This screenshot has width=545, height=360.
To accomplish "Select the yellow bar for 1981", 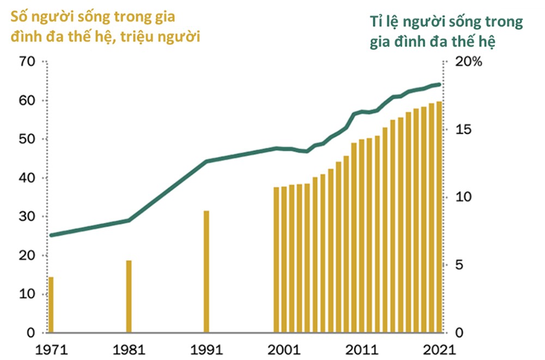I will pos(129,297).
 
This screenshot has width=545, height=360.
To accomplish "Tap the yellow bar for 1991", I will pos(207,271).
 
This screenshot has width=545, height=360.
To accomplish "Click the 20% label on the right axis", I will pos(469,62).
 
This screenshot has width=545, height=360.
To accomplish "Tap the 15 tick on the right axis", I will pos(460,130).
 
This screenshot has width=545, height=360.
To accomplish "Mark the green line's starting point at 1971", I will pos(51,235).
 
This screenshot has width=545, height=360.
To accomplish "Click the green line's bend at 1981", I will pos(129,220).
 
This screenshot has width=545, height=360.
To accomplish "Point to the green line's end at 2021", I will pos(439,84).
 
